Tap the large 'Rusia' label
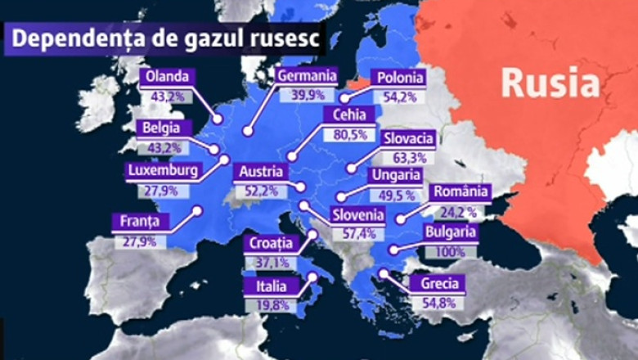click(x=550, y=82)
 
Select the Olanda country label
click(x=167, y=78)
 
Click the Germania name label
click(x=307, y=76)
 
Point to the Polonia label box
click(x=399, y=79)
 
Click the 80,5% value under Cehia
click(x=349, y=134)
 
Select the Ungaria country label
click(x=396, y=175)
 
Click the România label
click(x=461, y=193)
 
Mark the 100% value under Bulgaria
click(x=449, y=251)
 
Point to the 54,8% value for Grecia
click(x=438, y=303)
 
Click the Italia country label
click(x=271, y=286)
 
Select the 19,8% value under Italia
click(x=271, y=305)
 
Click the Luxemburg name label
click(x=163, y=172)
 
